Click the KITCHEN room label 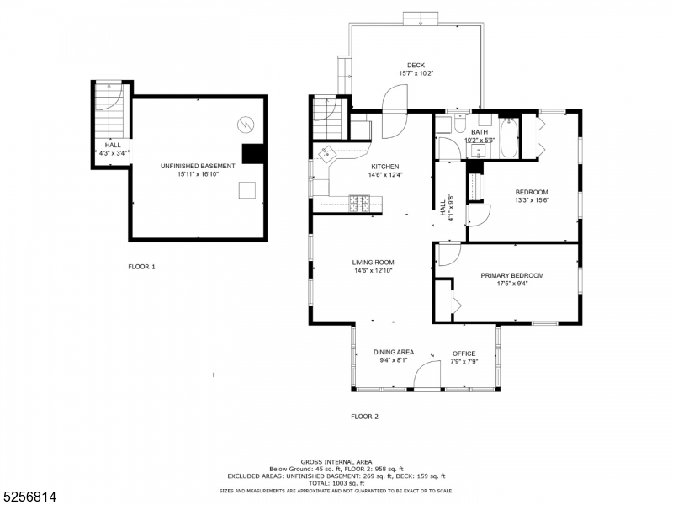click(x=384, y=167)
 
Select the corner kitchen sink click(x=326, y=153)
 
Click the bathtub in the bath click(x=510, y=142)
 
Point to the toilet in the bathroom click(x=458, y=125)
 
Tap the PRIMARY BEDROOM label click(x=511, y=275)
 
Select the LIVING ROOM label click(x=374, y=263)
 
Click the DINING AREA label click(x=393, y=353)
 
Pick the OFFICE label click(x=464, y=353)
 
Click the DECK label click(x=416, y=65)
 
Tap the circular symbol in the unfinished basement click(x=245, y=124)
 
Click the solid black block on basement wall click(x=253, y=154)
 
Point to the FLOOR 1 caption click(x=141, y=267)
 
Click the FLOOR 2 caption click(x=364, y=417)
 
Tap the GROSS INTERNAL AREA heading click(x=336, y=462)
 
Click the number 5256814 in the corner click(x=29, y=497)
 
